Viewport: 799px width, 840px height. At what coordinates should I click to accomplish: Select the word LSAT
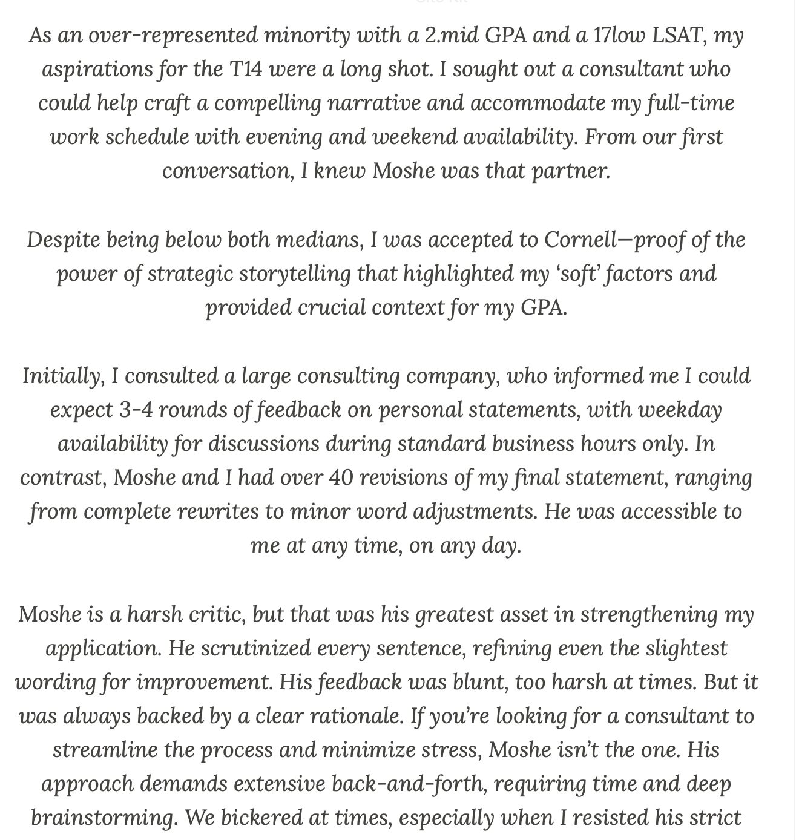(677, 36)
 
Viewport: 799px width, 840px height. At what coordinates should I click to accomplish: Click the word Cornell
(584, 240)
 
